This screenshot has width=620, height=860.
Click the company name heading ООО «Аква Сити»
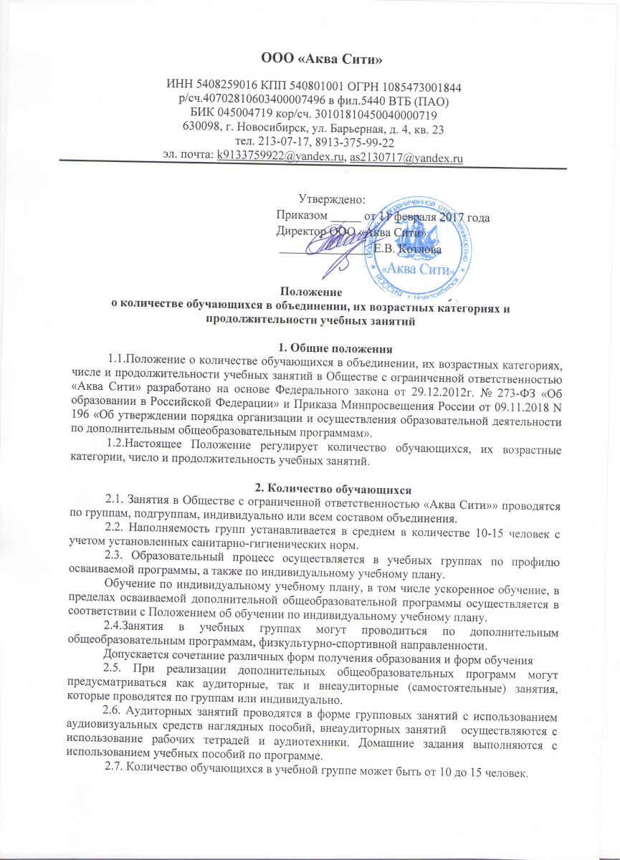point(310,58)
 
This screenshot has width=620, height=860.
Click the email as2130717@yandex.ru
point(405,158)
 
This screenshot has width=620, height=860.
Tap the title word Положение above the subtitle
point(310,292)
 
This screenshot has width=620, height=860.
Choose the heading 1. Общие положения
point(310,350)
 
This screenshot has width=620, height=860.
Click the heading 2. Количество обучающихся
point(310,489)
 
